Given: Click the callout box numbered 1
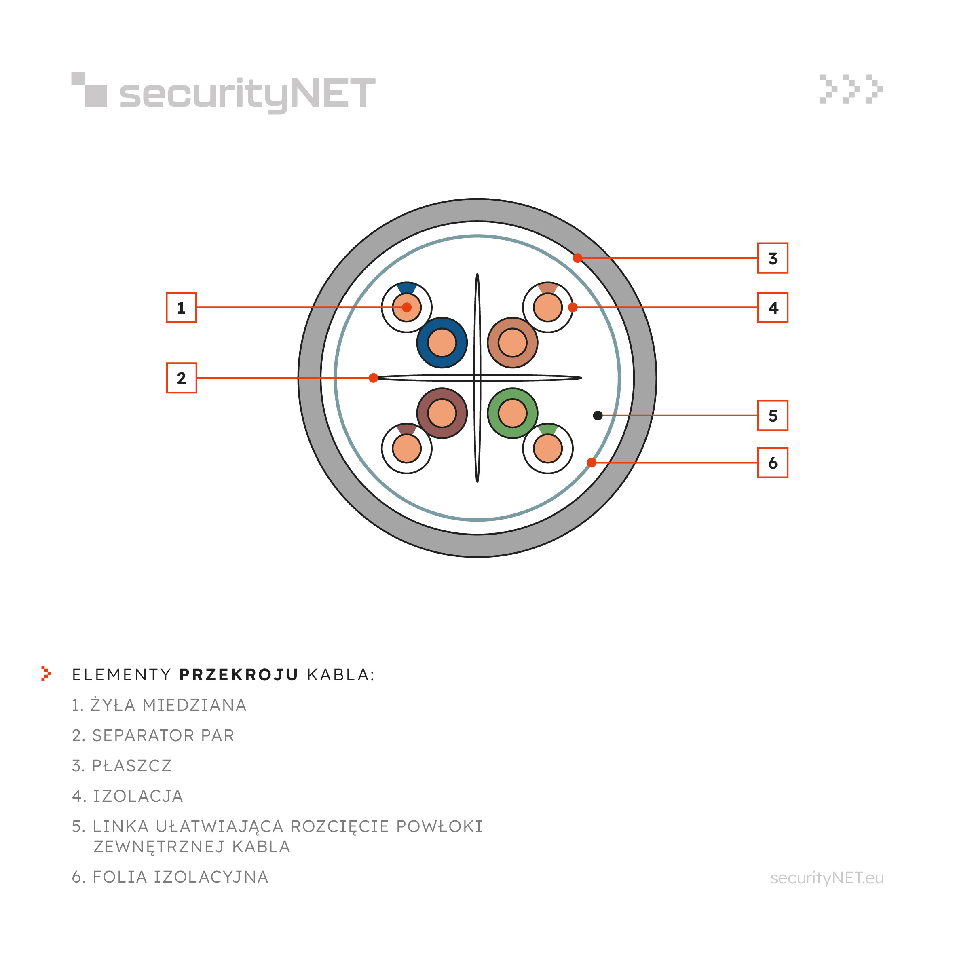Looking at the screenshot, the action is coord(182,307).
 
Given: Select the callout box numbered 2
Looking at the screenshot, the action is coord(182,378).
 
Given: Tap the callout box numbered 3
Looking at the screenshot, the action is coord(773,258).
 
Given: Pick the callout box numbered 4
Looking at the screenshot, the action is coord(773,307).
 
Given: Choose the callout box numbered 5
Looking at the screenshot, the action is coord(773,416).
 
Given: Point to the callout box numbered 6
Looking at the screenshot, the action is coord(773,463).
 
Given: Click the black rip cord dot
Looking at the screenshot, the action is coord(598,416).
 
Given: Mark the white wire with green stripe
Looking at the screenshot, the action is coord(548,448).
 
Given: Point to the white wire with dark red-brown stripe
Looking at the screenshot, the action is coord(407,448).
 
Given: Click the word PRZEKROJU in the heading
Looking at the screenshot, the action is coord(239,675).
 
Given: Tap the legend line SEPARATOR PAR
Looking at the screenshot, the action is coord(153,735).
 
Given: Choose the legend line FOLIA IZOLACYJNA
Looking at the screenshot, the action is coord(170,877).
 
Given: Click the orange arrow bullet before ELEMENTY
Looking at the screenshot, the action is coord(46,673).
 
